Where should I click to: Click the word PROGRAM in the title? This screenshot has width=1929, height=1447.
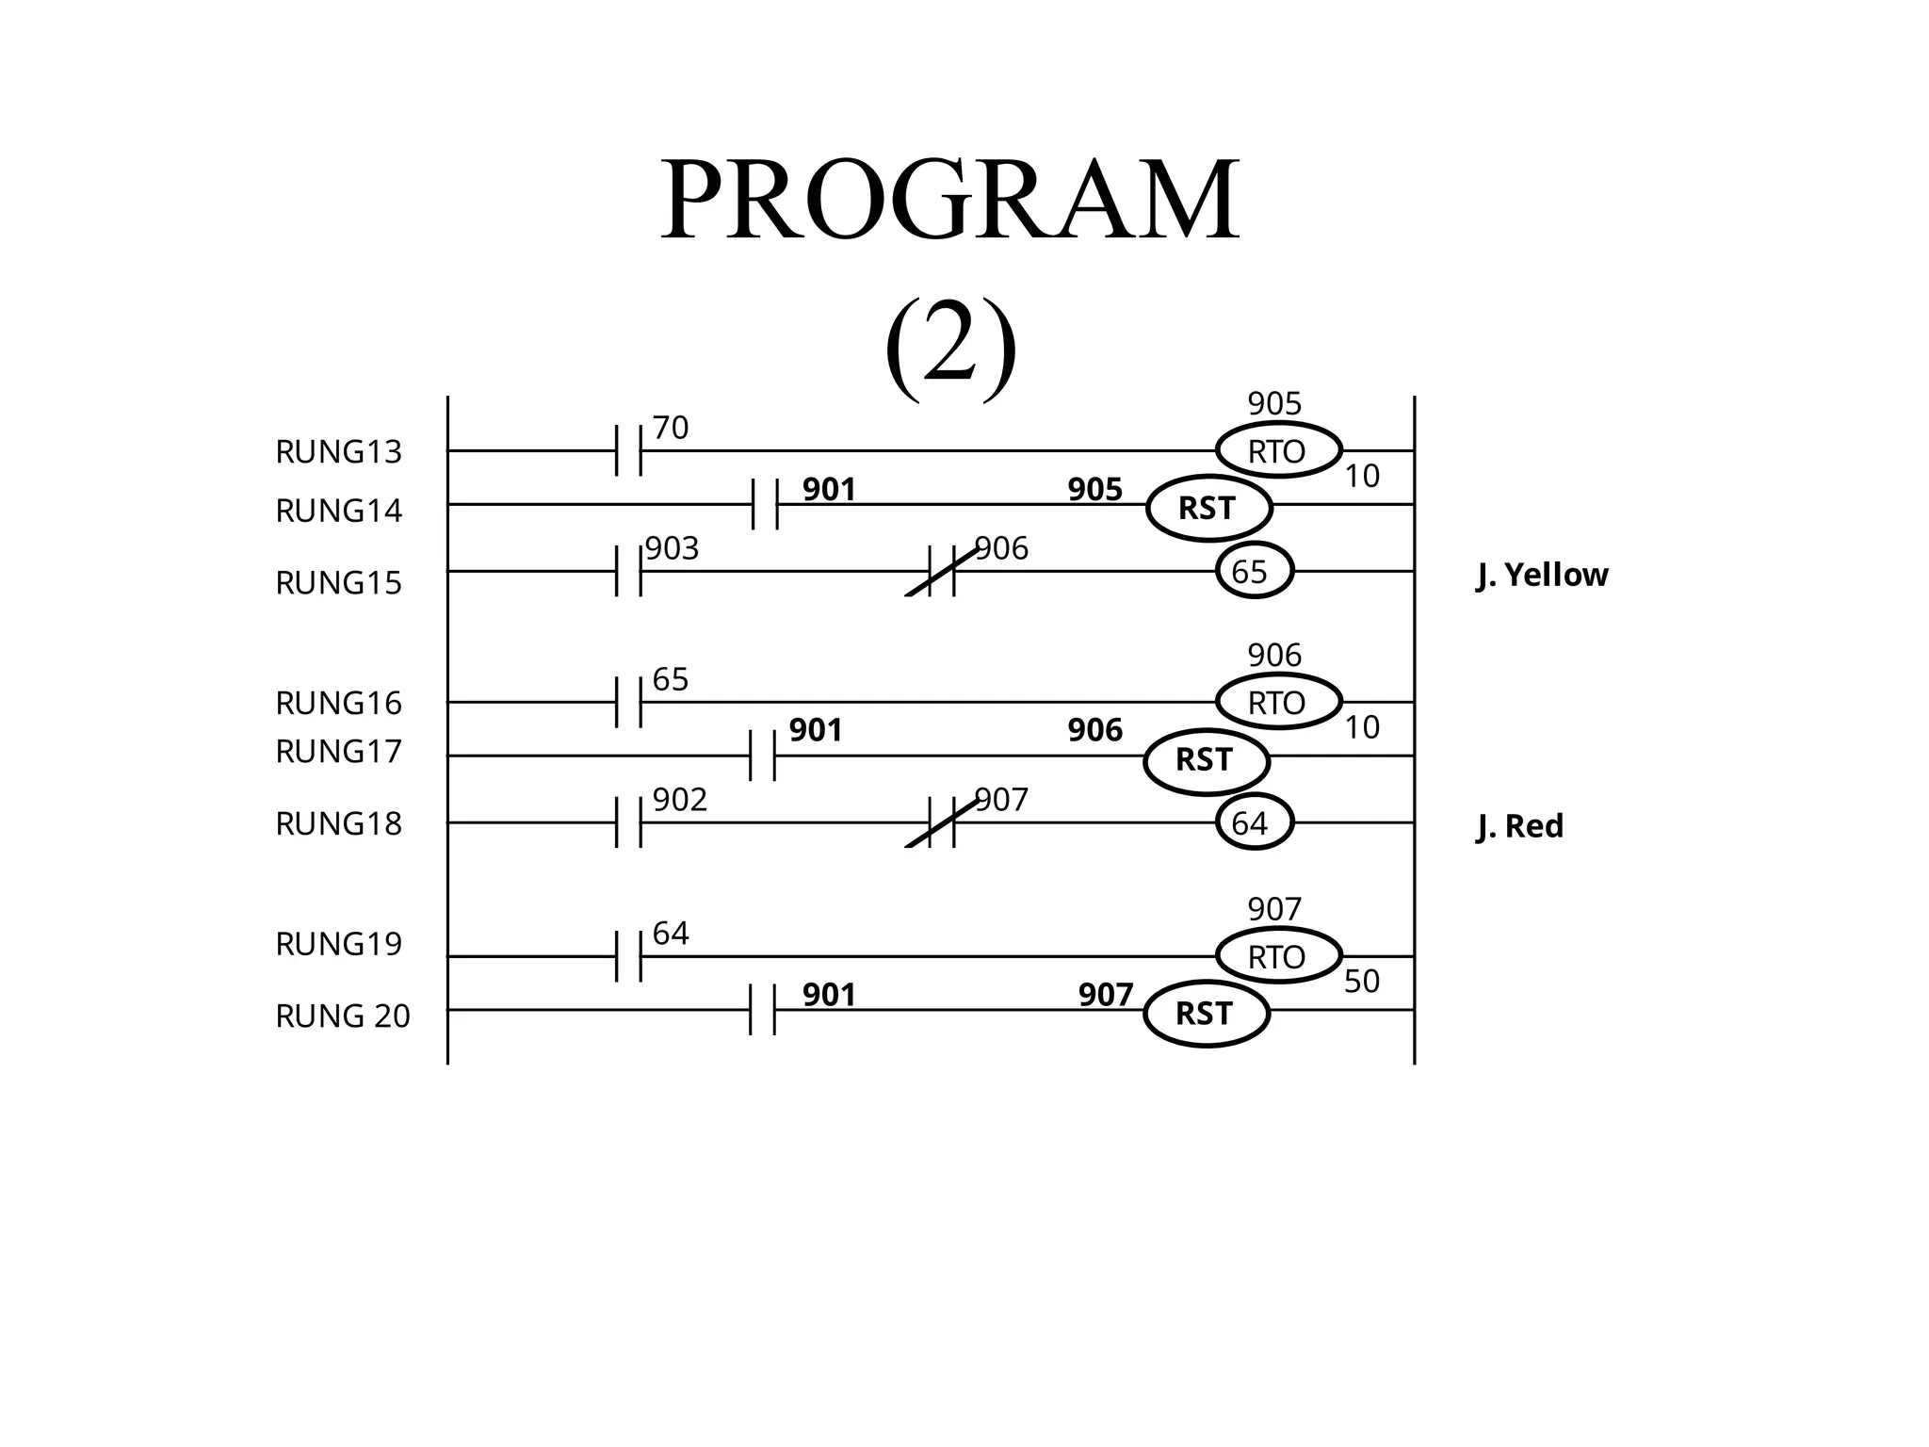[x=949, y=200]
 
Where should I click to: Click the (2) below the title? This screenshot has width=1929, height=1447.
[x=950, y=347]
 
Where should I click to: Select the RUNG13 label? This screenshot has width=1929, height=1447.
[x=338, y=452]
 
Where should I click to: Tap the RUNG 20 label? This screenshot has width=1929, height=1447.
[x=343, y=1016]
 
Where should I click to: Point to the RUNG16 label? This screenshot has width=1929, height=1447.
[x=338, y=704]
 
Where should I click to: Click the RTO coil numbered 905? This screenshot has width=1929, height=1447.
[x=1278, y=451]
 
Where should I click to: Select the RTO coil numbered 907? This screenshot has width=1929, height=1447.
[x=1278, y=956]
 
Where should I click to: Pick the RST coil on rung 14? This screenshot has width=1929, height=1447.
[x=1208, y=508]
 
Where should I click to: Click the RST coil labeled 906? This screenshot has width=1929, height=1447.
[x=1206, y=759]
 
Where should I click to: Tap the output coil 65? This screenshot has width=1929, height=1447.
[x=1254, y=571]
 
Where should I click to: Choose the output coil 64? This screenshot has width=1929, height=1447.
[x=1254, y=822]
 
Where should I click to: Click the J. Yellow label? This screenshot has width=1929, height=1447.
[x=1542, y=575]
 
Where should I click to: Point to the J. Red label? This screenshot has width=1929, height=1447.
[x=1519, y=826]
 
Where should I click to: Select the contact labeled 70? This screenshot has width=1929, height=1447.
[x=628, y=450]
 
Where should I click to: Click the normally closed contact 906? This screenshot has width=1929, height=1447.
[x=941, y=571]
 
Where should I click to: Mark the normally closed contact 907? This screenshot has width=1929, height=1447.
[x=941, y=822]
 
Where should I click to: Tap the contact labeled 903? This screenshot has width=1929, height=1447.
[x=628, y=571]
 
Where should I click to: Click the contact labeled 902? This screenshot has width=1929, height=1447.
[x=628, y=822]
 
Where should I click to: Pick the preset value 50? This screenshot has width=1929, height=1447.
[x=1361, y=982]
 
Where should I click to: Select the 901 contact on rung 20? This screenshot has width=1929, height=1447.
[x=762, y=1010]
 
